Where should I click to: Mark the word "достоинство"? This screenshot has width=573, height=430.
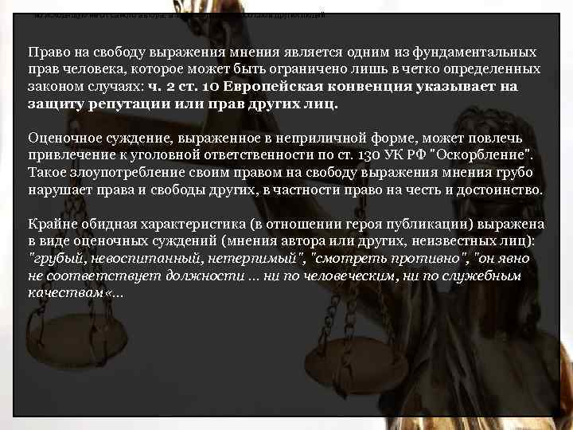pos(501,191)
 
